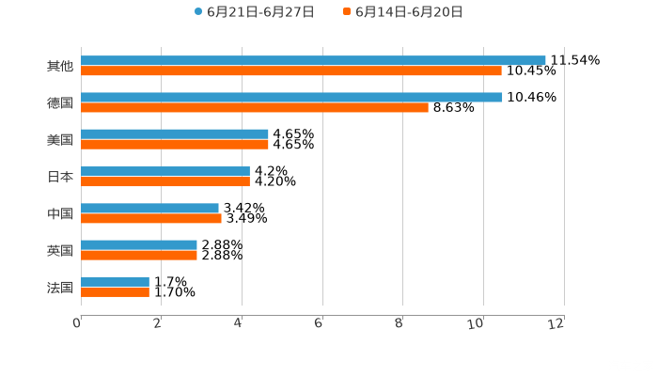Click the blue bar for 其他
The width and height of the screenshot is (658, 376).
[x=313, y=61]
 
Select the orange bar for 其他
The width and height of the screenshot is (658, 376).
[x=291, y=71]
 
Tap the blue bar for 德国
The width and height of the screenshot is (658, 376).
[x=291, y=98]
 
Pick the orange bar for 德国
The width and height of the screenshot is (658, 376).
[x=255, y=108]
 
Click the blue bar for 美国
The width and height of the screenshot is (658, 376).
[x=175, y=134]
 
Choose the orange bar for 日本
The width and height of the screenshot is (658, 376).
[x=165, y=181]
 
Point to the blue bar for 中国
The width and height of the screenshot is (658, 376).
[x=150, y=208]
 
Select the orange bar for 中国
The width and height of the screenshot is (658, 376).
[x=151, y=218]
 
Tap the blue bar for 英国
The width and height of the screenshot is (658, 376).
[x=139, y=244]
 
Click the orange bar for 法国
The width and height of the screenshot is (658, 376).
[x=116, y=291]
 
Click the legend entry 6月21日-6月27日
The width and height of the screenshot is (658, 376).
[x=254, y=12]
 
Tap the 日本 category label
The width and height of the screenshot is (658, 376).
[x=60, y=177]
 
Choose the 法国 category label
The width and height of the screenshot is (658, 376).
[x=60, y=288]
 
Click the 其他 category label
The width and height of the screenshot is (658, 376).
[x=60, y=67]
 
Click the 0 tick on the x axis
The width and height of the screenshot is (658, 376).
[x=78, y=323]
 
